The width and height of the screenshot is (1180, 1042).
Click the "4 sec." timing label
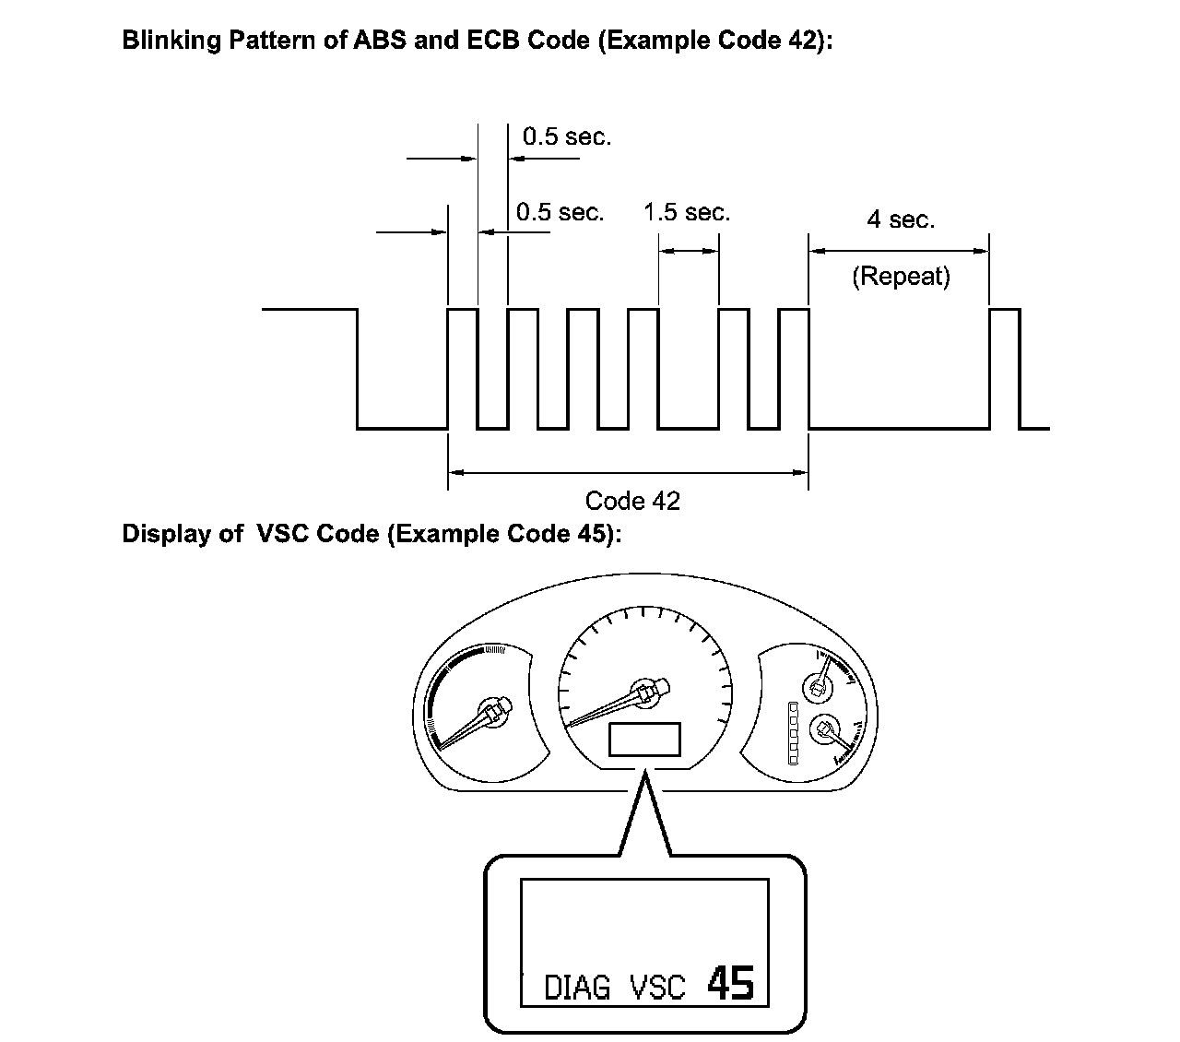901,220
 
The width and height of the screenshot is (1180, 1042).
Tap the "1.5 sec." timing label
686,213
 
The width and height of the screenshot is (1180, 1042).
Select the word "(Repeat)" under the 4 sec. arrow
901,276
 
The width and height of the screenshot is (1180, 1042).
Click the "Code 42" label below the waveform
632,501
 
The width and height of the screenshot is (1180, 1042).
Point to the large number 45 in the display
731,983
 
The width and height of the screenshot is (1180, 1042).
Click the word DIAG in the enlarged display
577,988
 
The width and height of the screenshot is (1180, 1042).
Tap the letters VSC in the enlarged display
657,988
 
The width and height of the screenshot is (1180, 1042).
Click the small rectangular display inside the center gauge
644,740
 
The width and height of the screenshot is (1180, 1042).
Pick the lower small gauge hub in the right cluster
823,730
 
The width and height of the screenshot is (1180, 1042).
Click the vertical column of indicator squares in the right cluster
791,733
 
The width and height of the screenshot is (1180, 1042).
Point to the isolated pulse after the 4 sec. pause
1005,369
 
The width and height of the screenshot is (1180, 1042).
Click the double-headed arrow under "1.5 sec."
689,251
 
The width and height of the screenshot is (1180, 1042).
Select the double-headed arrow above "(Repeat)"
899,250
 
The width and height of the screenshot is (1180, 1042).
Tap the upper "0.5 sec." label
566,137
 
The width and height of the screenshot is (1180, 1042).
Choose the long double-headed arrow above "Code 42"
628,473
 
